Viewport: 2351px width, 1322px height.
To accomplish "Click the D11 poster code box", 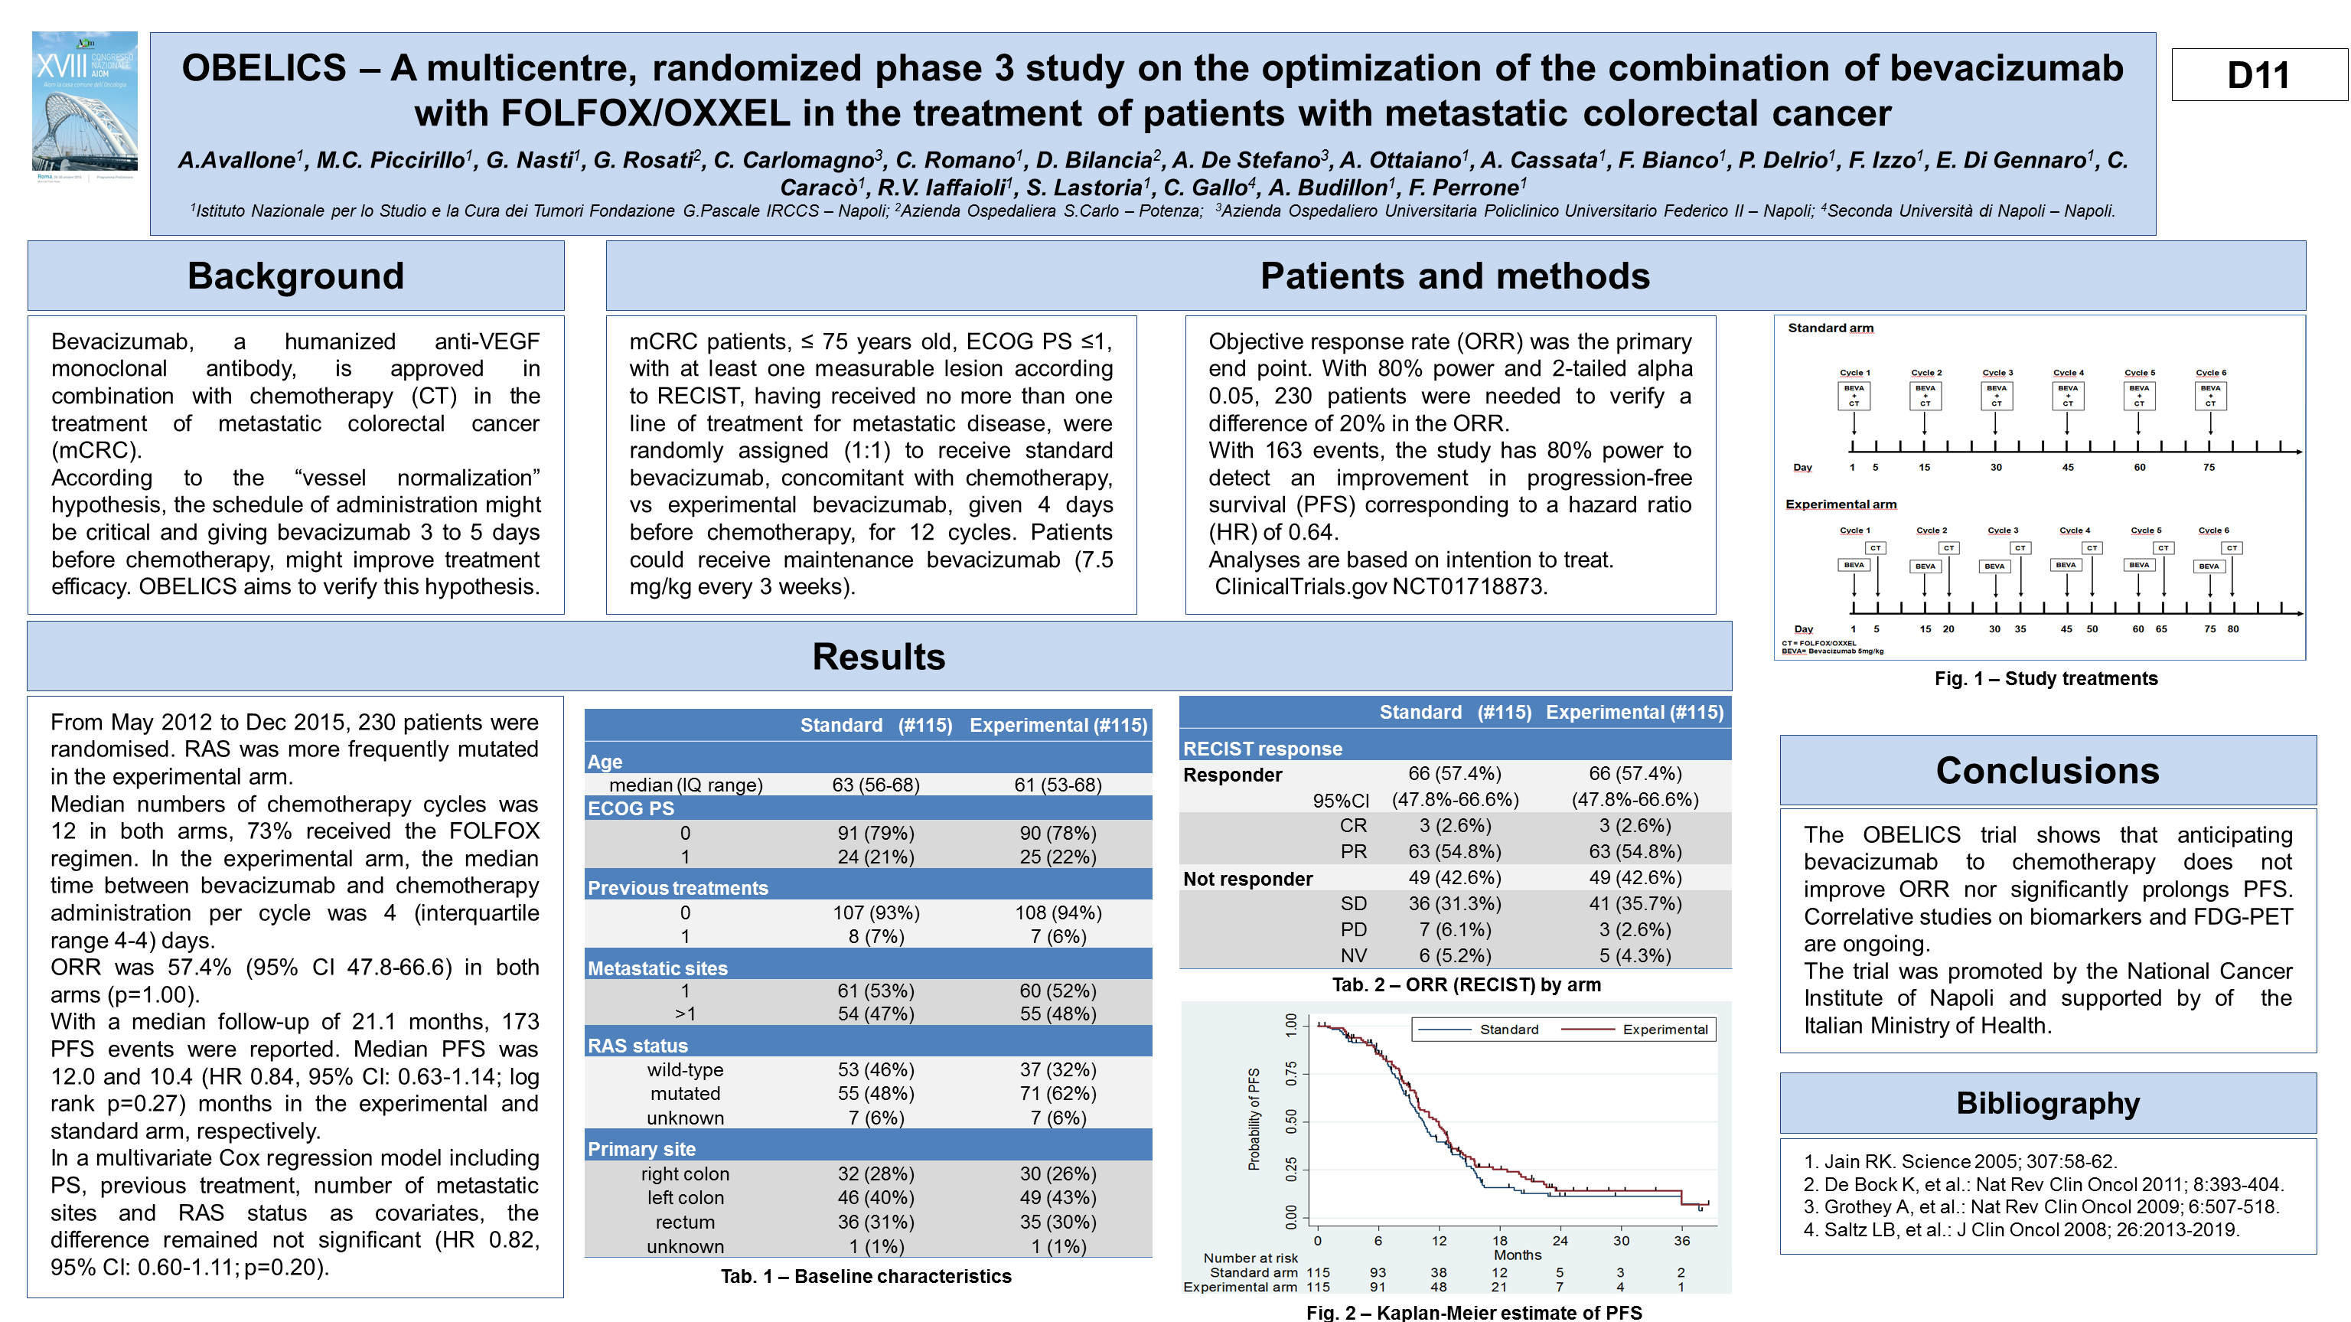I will (x=2258, y=75).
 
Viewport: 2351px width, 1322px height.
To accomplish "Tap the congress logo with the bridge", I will (x=85, y=103).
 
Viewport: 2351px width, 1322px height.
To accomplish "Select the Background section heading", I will (x=295, y=276).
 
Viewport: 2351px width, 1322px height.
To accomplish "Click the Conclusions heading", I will (x=2047, y=771).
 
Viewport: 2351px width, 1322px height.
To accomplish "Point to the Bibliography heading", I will (x=2047, y=1103).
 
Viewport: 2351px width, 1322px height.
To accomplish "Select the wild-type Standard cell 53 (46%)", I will (x=876, y=1069).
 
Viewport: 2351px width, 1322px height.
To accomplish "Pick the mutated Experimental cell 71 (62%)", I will (x=1058, y=1093).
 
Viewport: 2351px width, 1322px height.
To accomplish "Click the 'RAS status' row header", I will (x=638, y=1046).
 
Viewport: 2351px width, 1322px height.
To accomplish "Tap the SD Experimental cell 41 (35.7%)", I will (x=1635, y=903).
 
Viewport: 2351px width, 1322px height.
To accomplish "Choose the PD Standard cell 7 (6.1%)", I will (x=1455, y=929).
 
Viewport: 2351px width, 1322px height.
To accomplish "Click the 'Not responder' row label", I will (x=1247, y=878).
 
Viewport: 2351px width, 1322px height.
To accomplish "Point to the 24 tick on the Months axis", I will (x=1560, y=1241).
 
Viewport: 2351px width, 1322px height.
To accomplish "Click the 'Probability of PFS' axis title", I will (x=1254, y=1119).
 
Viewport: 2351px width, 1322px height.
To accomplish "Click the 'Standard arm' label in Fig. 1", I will (x=1830, y=328).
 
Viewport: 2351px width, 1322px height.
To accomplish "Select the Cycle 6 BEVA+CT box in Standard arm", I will (x=2209, y=395).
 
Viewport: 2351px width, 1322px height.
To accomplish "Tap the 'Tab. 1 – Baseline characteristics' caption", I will (x=866, y=1276).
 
